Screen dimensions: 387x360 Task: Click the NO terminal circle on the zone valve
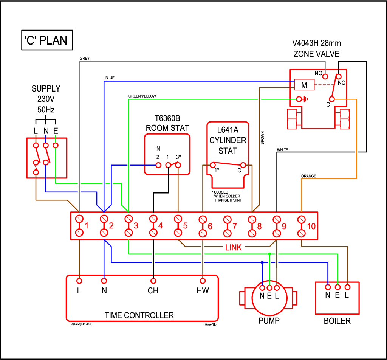(x=325, y=76)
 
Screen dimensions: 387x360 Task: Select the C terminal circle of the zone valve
(x=332, y=99)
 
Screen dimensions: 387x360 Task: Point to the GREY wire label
(x=85, y=59)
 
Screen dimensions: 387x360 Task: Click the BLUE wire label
(x=110, y=78)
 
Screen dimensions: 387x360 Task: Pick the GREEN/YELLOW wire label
(x=142, y=96)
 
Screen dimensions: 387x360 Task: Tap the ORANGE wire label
(x=308, y=176)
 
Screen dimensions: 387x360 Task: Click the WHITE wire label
(x=282, y=150)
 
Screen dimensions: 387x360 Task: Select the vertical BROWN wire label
(x=262, y=138)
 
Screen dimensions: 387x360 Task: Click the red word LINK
(x=234, y=247)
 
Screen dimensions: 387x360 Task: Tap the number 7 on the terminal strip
(x=234, y=226)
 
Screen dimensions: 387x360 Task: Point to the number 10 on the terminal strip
(x=311, y=226)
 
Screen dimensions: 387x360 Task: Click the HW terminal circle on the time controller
(x=203, y=281)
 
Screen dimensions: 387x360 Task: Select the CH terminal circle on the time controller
(x=153, y=281)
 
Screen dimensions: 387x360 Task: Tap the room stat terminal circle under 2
(x=158, y=165)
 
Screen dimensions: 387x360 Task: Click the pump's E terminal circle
(x=269, y=288)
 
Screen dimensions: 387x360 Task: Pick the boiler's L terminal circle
(x=348, y=287)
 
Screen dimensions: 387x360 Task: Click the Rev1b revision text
(x=210, y=324)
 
